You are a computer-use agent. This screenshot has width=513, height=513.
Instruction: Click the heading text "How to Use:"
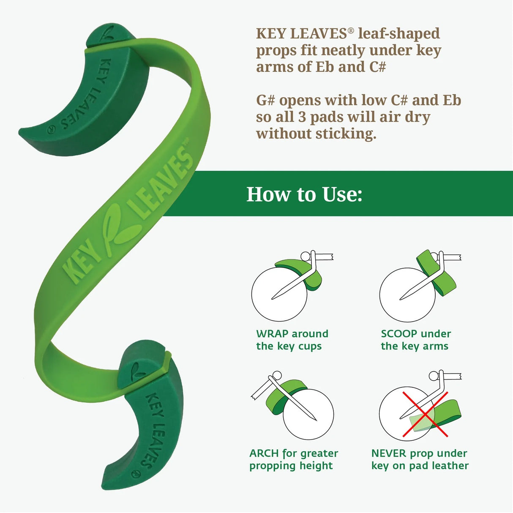(x=304, y=194)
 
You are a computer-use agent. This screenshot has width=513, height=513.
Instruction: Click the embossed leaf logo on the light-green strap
(x=119, y=228)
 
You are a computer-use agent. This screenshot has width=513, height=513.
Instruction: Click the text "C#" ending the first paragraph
(x=377, y=67)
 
